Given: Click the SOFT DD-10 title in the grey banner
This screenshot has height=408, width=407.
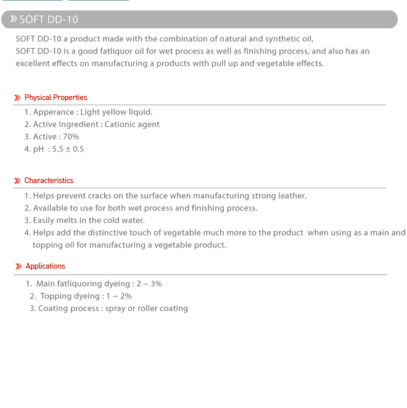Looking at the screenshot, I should coord(49,20).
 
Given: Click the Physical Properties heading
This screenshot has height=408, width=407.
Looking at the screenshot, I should coord(55,97).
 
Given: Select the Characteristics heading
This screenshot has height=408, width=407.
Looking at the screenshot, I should coord(49,180).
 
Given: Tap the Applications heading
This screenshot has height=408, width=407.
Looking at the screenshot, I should coord(45,266).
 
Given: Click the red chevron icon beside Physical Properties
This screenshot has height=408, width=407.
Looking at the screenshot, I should coord(17,98).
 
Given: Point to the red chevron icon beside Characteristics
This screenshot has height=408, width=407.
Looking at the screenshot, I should coord(17,181).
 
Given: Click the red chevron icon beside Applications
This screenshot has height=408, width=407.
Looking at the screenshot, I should coord(18,266).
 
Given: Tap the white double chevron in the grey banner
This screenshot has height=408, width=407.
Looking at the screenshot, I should coord(13,19).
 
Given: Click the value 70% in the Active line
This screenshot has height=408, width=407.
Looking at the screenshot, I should coord(71,137).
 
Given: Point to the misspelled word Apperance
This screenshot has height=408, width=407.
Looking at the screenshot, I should coord(53,112).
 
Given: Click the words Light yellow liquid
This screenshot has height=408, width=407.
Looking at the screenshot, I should coord(116,112).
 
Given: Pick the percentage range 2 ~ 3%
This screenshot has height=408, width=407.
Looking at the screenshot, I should coord(149,284).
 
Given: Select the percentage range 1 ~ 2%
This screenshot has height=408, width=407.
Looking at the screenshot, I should coord(119,296).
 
